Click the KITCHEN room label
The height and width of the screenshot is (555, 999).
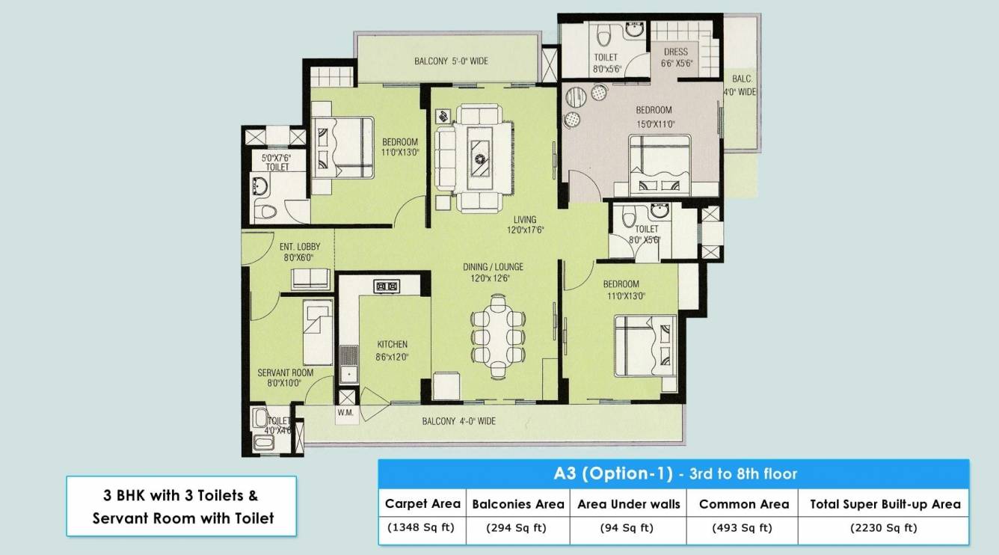click(392, 344)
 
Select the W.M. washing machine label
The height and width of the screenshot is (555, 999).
click(345, 413)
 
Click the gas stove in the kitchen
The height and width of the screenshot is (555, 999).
click(387, 286)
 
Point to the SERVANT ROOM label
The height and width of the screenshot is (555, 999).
click(285, 372)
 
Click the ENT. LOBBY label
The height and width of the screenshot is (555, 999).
click(300, 246)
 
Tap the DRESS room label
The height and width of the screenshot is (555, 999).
click(676, 52)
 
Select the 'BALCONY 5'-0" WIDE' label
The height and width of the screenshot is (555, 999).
click(451, 61)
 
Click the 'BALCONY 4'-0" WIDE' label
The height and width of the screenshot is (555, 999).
click(458, 421)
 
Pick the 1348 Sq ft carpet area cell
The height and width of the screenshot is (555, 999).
click(421, 528)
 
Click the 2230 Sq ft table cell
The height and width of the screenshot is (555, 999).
click(884, 528)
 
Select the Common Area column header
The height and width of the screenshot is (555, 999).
click(744, 504)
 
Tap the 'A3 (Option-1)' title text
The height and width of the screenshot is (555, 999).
click(612, 473)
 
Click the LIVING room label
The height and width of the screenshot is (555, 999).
click(525, 219)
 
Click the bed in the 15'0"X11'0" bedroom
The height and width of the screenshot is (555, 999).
click(660, 165)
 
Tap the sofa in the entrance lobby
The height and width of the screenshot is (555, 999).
click(310, 278)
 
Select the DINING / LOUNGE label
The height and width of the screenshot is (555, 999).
click(493, 267)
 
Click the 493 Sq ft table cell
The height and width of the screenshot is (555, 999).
click(742, 528)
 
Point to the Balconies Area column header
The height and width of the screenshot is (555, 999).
click(517, 504)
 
